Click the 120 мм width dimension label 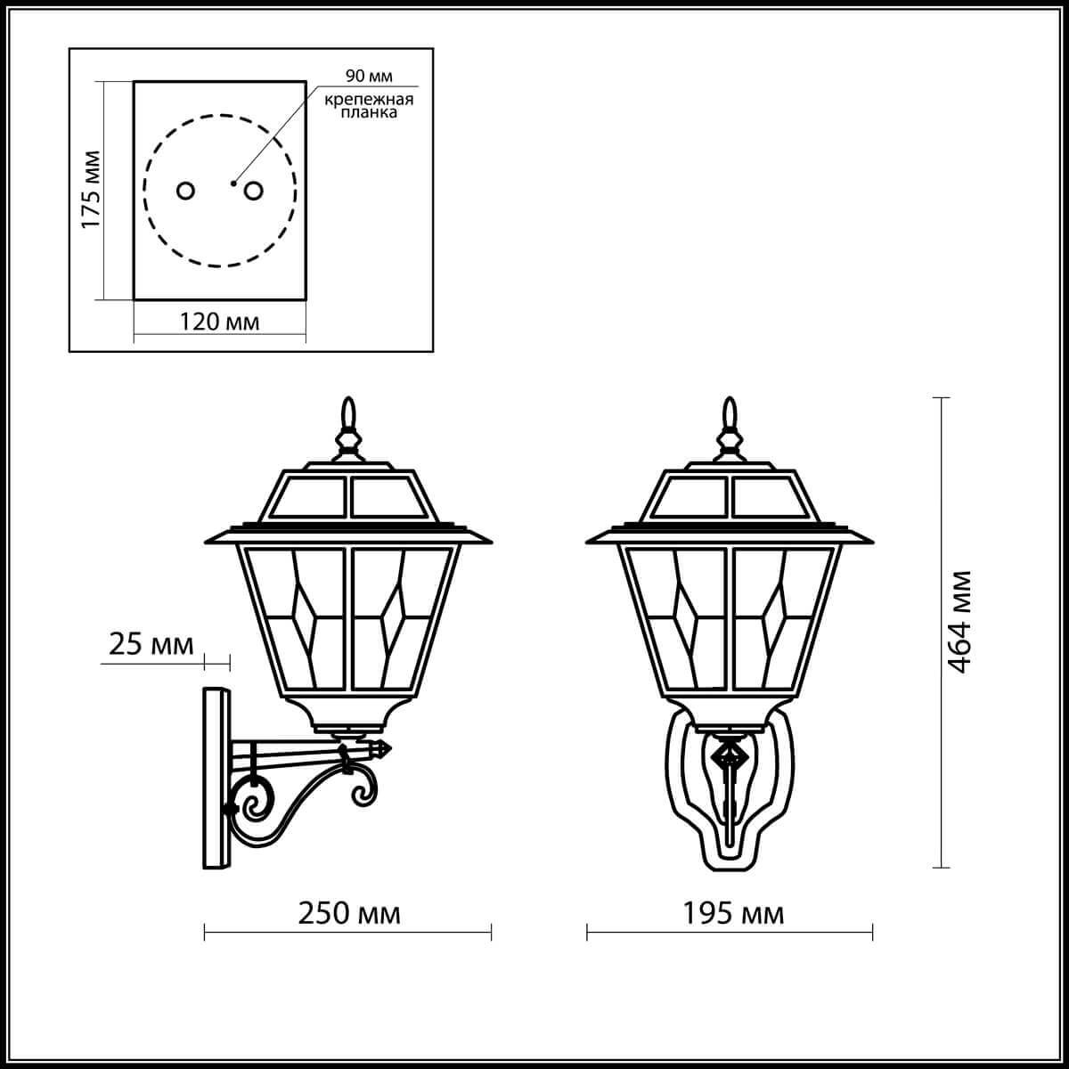pyautogui.click(x=220, y=321)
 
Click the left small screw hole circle pyautogui.click(x=185, y=191)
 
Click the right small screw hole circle pyautogui.click(x=254, y=191)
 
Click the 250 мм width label pyautogui.click(x=348, y=912)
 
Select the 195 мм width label pyautogui.click(x=733, y=912)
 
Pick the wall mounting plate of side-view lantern pyautogui.click(x=216, y=777)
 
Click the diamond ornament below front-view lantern pyautogui.click(x=730, y=757)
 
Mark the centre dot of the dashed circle pyautogui.click(x=233, y=184)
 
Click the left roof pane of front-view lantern pyautogui.click(x=691, y=499)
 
